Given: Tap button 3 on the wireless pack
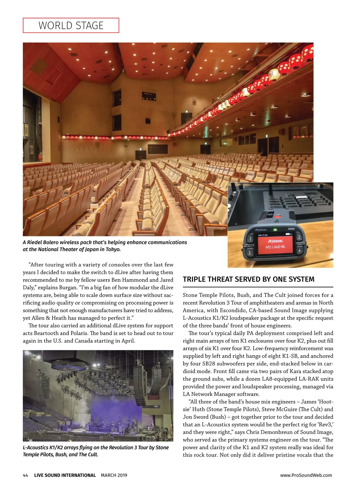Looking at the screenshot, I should tap(249, 252).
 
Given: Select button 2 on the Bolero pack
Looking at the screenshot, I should tap(298, 237).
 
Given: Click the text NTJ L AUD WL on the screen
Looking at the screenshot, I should tap(275, 247).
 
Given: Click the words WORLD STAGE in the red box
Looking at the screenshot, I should tap(71, 25).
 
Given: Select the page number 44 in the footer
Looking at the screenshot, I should tap(25, 475).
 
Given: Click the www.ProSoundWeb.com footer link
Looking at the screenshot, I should tap(306, 475).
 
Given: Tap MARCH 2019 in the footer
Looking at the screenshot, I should tap(114, 475).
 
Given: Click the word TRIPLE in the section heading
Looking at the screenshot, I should tap(194, 279).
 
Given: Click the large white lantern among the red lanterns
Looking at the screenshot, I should tap(274, 74).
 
